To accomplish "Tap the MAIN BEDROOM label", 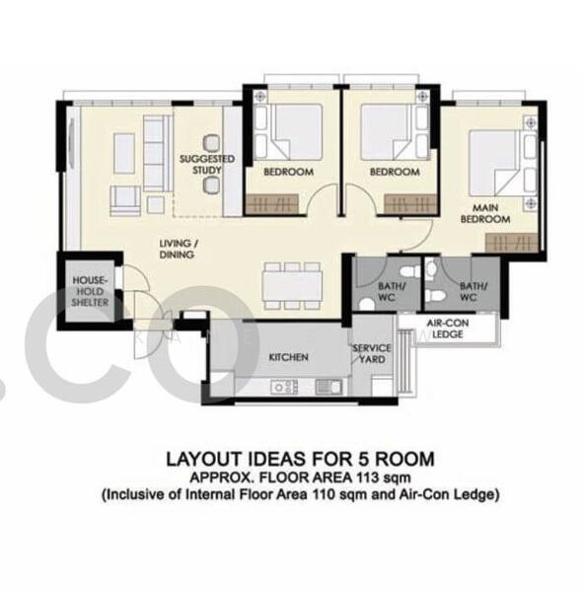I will pos(491,213).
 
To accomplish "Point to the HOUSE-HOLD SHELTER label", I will pos(89,291).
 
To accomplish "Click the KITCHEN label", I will pos(288,356).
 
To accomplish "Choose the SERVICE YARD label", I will pos(372,353).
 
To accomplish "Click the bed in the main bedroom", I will pos(500,158).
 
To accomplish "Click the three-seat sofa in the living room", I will pos(155,153).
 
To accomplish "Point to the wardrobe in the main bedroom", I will pos(512,241).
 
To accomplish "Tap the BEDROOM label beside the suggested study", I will pos(288,172).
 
